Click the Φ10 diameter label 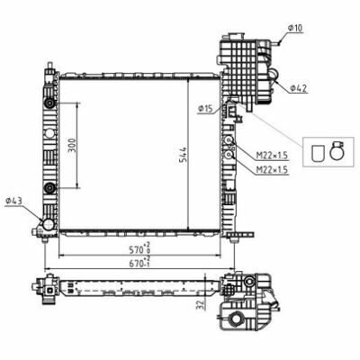[x=295, y=28]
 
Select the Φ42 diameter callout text [x=299, y=88]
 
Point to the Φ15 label [x=205, y=110]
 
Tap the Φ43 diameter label [x=13, y=201]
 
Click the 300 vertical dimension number [x=73, y=145]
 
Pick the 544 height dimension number [x=184, y=155]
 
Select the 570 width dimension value [x=136, y=249]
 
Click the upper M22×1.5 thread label [x=272, y=156]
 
